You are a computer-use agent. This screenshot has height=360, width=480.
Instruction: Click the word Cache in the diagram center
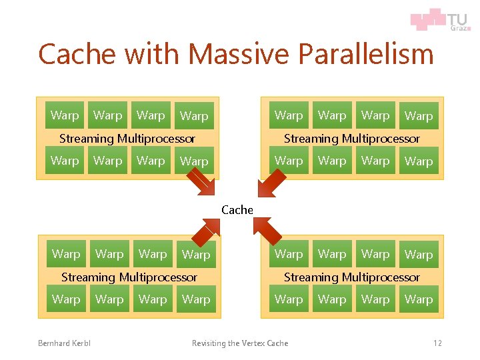coord(237,210)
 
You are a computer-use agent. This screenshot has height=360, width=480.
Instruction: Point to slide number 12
coord(437,343)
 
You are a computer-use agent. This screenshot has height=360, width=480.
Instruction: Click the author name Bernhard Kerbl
coord(64,343)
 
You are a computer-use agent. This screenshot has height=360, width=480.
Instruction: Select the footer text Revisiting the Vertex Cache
coord(240,343)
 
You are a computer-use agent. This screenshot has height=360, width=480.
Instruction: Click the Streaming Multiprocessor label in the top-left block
coord(127,139)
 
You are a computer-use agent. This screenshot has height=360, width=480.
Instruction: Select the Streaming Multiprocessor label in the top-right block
coord(352,139)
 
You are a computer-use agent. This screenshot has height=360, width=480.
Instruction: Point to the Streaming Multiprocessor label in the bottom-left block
coord(129,277)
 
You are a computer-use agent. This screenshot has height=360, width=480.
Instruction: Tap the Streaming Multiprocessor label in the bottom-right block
coord(352,277)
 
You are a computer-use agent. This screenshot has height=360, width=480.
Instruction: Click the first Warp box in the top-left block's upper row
coord(65,115)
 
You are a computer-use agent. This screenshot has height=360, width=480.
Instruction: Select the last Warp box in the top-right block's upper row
coord(419,116)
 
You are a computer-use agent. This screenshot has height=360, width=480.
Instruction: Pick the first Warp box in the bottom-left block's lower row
coord(66,299)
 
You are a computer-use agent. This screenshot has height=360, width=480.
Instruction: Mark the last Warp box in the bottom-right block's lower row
coord(419,300)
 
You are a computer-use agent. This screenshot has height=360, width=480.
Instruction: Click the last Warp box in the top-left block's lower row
coord(194,161)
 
